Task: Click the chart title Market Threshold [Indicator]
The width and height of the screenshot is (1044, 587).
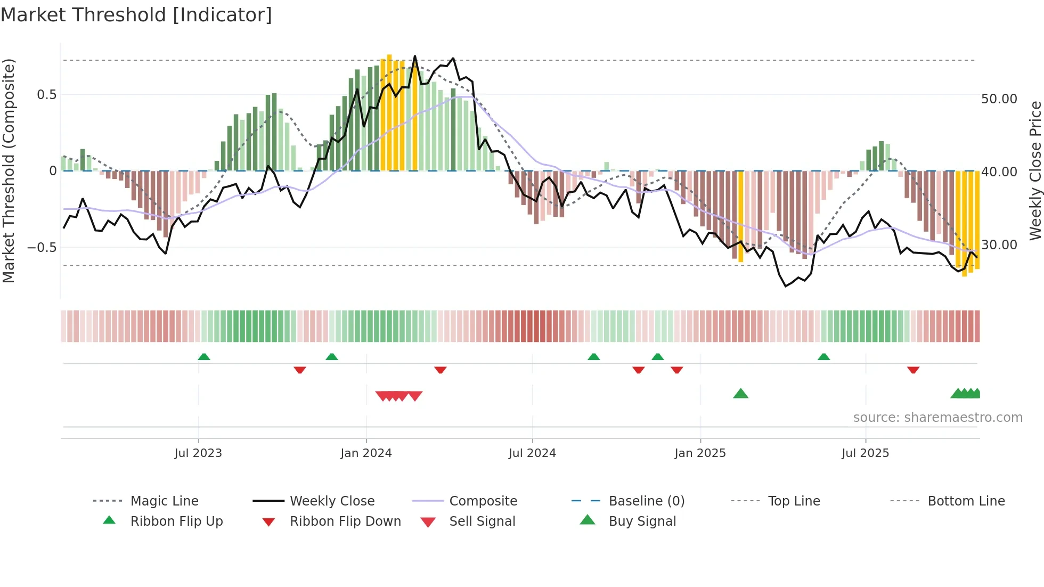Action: coord(136,15)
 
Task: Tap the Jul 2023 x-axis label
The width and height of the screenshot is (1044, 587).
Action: coord(198,453)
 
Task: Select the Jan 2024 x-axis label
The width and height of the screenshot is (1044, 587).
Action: coord(366,453)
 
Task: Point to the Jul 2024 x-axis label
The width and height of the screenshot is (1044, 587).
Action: coord(532,453)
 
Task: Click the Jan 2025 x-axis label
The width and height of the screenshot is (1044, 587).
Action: coord(700,453)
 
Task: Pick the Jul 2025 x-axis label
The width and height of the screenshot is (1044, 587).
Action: coord(866,453)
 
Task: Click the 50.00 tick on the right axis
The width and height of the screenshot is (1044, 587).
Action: coord(999,99)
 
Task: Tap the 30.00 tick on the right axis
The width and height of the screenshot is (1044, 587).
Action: coord(999,245)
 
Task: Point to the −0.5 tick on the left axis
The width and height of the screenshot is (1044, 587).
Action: coord(42,248)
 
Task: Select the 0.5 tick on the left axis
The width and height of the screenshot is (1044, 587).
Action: coord(46,95)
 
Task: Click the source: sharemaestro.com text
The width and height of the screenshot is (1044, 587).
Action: coord(937,418)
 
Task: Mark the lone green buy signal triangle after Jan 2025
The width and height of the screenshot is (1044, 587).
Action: coord(740,394)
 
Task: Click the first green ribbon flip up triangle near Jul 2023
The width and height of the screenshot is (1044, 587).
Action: coord(204,357)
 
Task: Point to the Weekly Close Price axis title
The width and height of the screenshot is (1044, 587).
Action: coord(1035,170)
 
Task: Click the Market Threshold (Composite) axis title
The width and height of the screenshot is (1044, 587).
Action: coord(9,170)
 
